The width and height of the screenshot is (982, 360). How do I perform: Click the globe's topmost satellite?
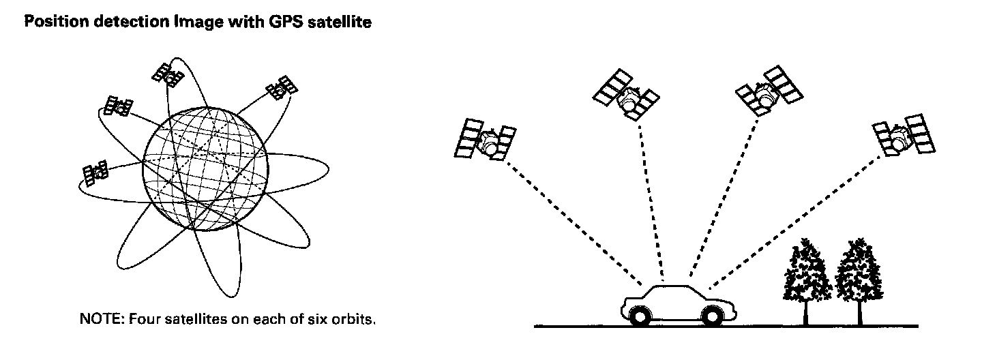pos(168,74)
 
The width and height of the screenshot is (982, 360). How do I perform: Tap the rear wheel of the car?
pos(711,316)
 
